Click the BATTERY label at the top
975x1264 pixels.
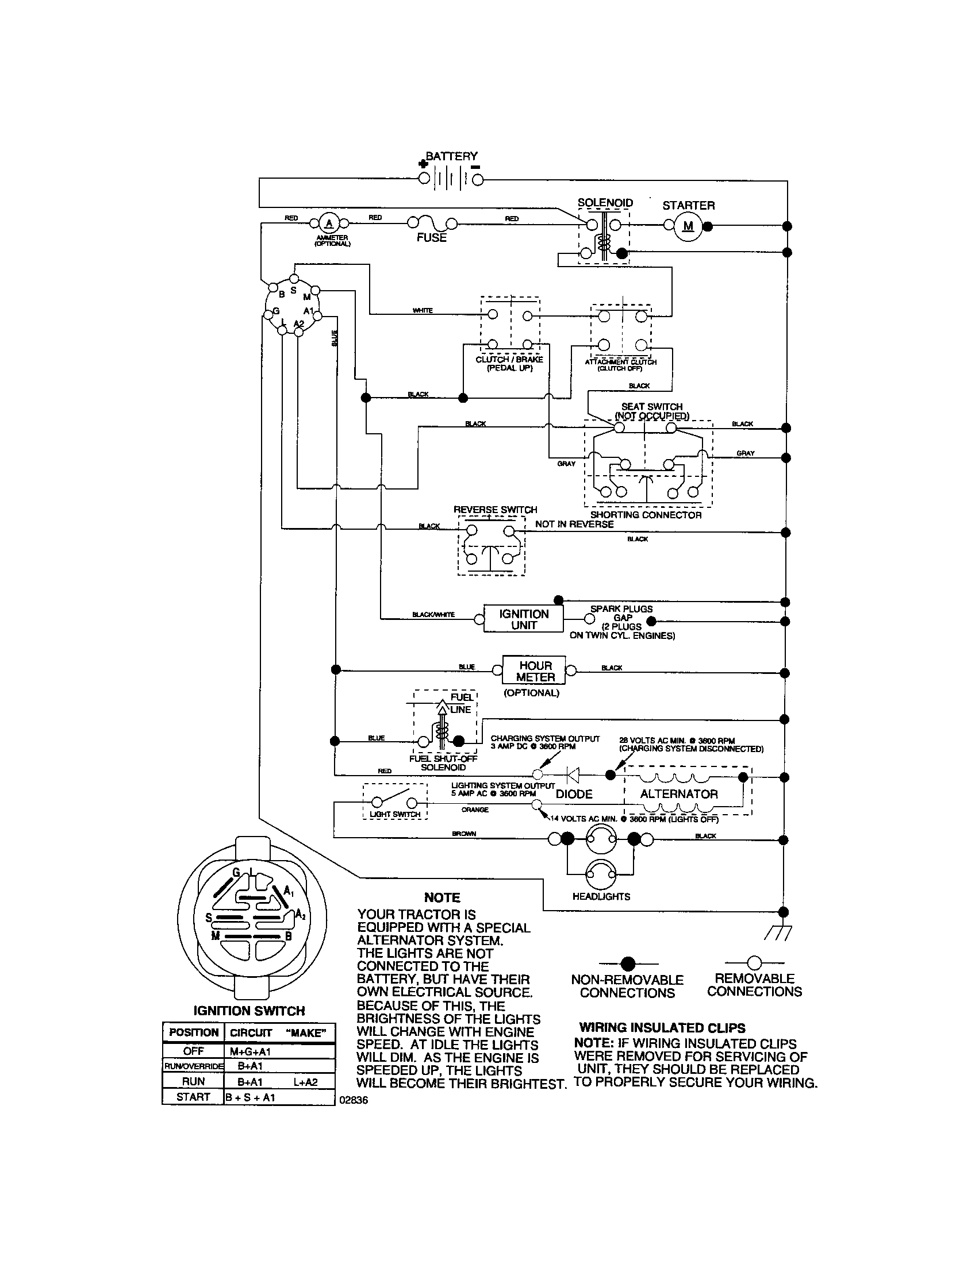(452, 156)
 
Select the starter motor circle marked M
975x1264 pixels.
(688, 226)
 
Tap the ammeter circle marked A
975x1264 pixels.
(329, 223)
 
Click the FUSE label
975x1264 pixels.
(431, 238)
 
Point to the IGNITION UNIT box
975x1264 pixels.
(523, 619)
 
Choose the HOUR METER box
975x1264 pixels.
(535, 671)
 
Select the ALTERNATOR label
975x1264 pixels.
(678, 794)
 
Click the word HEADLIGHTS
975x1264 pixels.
(601, 896)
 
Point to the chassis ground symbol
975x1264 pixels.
(777, 932)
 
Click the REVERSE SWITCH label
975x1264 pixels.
(495, 510)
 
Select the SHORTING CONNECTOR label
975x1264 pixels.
(646, 515)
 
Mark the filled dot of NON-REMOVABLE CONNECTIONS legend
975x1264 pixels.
(628, 964)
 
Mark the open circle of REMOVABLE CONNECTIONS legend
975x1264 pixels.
(754, 963)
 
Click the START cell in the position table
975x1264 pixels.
(193, 1097)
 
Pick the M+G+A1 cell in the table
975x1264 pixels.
(250, 1051)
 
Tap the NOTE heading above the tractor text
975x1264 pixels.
(442, 897)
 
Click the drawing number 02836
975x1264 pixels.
(353, 1100)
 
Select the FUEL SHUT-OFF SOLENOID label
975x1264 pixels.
(443, 763)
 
